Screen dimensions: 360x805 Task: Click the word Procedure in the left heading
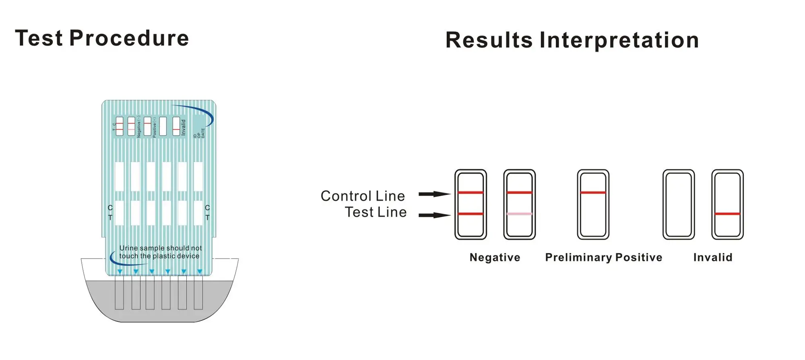coord(129,39)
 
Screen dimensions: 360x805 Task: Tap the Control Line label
coord(362,196)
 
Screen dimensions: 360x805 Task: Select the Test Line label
coord(376,212)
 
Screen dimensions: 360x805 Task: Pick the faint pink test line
coord(519,214)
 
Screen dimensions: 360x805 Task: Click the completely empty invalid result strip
coord(679,205)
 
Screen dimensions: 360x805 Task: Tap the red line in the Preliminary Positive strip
coord(593,192)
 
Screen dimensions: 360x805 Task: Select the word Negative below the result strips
coord(495,257)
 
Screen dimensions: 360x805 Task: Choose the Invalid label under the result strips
coord(712,257)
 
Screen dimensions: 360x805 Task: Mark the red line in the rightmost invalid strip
coord(727,214)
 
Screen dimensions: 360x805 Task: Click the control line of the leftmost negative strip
coord(471,192)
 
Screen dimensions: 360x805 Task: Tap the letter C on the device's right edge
coord(207,208)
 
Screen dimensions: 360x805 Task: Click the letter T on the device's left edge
coord(110,217)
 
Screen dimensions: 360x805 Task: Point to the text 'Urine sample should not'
coord(161,248)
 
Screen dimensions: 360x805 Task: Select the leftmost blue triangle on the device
coord(120,272)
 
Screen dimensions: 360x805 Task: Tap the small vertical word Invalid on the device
coord(184,127)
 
